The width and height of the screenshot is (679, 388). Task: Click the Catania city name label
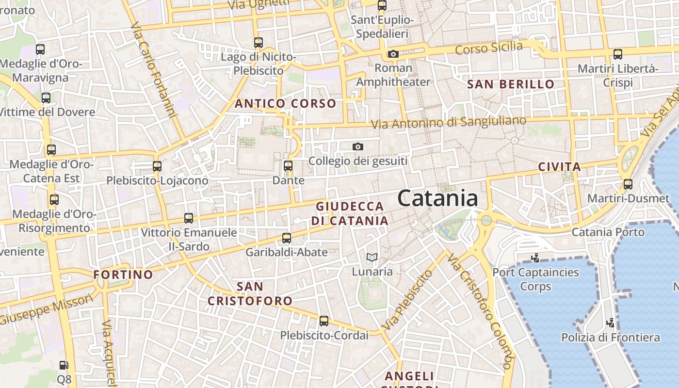(x=437, y=198)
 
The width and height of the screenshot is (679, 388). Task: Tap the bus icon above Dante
(x=288, y=166)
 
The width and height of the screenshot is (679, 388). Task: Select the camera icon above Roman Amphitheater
(x=393, y=54)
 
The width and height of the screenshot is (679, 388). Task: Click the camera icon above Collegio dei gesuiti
(x=358, y=146)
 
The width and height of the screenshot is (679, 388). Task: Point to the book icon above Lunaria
(x=372, y=258)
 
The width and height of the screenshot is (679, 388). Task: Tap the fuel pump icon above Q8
(x=64, y=365)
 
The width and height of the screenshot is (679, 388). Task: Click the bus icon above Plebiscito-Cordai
(x=324, y=321)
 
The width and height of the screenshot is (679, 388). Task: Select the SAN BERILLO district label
(x=511, y=84)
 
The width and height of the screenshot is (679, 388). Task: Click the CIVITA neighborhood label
(x=560, y=167)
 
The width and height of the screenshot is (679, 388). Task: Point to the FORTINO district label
(x=123, y=275)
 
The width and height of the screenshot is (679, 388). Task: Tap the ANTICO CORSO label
(x=285, y=103)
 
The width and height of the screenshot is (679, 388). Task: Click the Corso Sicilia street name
(x=489, y=48)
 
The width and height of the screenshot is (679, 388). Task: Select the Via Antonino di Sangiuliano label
(x=449, y=122)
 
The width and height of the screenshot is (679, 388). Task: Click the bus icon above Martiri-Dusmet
(x=628, y=184)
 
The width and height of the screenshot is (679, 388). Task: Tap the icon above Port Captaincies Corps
(x=535, y=258)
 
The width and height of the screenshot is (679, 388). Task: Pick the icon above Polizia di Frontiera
(x=611, y=323)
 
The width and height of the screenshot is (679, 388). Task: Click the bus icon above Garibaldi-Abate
(x=287, y=238)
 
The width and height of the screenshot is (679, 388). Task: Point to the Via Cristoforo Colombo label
(x=480, y=310)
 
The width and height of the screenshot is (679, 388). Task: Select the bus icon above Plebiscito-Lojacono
(x=157, y=166)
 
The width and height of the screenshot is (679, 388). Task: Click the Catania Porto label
(x=608, y=232)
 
